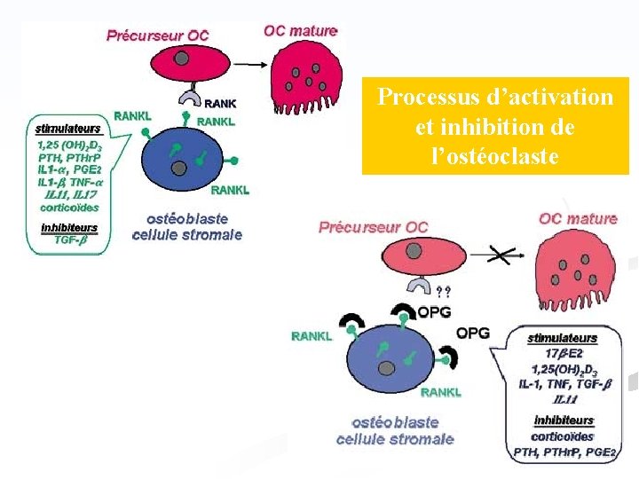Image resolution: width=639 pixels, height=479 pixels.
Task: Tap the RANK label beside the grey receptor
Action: coord(221,102)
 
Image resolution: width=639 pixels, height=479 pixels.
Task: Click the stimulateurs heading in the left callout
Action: coord(68,129)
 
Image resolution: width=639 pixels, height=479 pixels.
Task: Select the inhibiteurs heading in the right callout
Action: coord(564,420)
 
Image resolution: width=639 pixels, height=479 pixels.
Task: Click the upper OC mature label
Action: coord(301,31)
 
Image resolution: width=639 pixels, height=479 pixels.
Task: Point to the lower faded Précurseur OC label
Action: coord(373,227)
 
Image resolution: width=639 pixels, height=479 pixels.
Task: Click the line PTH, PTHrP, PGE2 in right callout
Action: coord(564,452)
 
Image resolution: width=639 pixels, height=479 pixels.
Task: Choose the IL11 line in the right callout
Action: coord(563,399)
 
